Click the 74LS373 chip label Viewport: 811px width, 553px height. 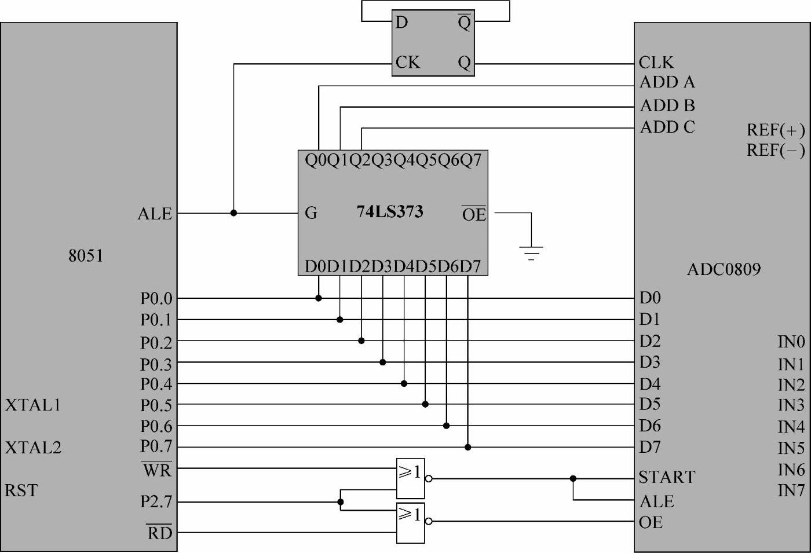[389, 212]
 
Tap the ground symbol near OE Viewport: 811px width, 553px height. [531, 252]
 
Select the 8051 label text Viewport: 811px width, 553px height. [86, 256]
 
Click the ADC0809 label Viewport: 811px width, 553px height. [724, 269]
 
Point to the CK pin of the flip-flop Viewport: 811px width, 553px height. [407, 62]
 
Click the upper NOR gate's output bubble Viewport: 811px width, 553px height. [429, 479]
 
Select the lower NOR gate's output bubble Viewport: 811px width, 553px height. [429, 521]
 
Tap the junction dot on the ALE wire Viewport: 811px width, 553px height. [233, 213]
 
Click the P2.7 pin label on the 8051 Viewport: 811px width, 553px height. [156, 501]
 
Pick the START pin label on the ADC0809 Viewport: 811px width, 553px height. [667, 477]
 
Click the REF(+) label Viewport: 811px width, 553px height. [776, 129]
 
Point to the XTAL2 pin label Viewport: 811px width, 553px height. [33, 448]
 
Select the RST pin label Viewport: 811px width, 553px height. [21, 490]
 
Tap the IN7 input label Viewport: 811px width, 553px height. [791, 490]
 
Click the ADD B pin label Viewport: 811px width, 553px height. [667, 106]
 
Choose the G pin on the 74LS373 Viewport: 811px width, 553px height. [311, 213]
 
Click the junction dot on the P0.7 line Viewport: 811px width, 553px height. [467, 447]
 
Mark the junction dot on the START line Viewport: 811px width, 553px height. [573, 479]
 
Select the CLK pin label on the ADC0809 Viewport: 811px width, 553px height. [656, 63]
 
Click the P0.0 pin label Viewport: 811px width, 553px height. [156, 299]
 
